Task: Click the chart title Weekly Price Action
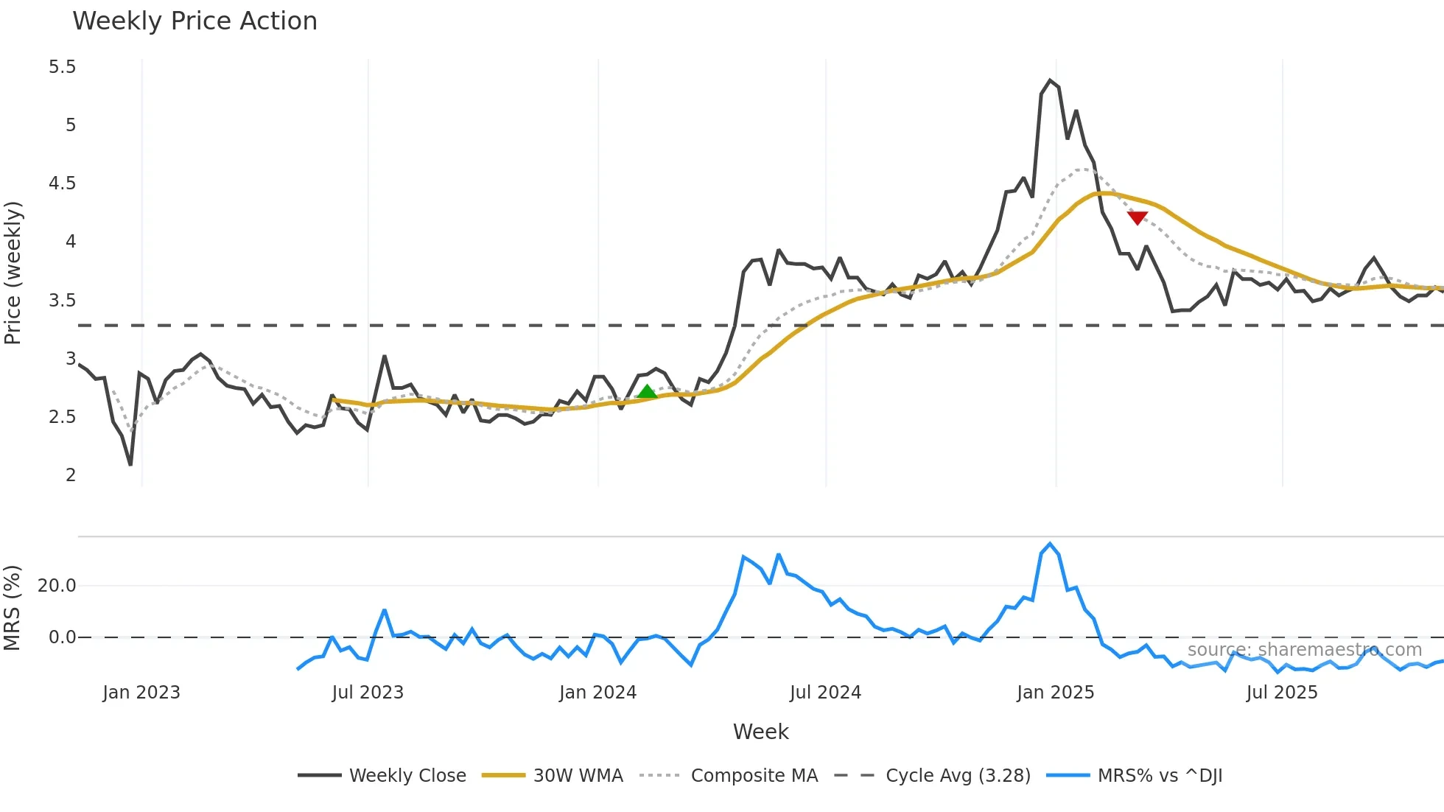coord(194,21)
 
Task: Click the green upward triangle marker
coord(647,392)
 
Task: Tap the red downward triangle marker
coord(1138,217)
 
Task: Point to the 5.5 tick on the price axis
coord(63,67)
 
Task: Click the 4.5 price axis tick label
coord(63,183)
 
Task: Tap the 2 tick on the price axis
coord(71,475)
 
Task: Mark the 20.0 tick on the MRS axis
coord(57,586)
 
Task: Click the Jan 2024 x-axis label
coord(597,693)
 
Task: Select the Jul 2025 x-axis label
coord(1282,693)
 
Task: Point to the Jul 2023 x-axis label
coord(368,693)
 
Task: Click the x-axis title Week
coord(760,732)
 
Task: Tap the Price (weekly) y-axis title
coord(13,273)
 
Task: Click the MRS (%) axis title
coord(13,608)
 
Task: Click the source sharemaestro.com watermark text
coord(1304,650)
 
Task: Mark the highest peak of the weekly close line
coord(1050,80)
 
